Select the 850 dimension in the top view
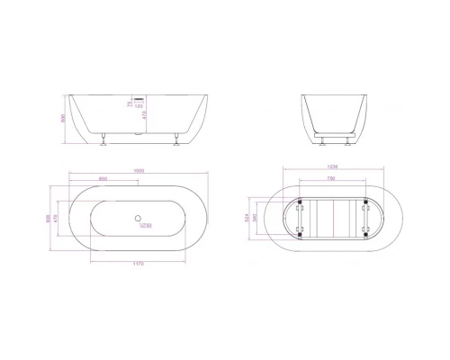pyautogui.click(x=106, y=180)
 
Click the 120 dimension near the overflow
pyautogui.click(x=139, y=106)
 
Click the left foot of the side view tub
pyautogui.click(x=106, y=139)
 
